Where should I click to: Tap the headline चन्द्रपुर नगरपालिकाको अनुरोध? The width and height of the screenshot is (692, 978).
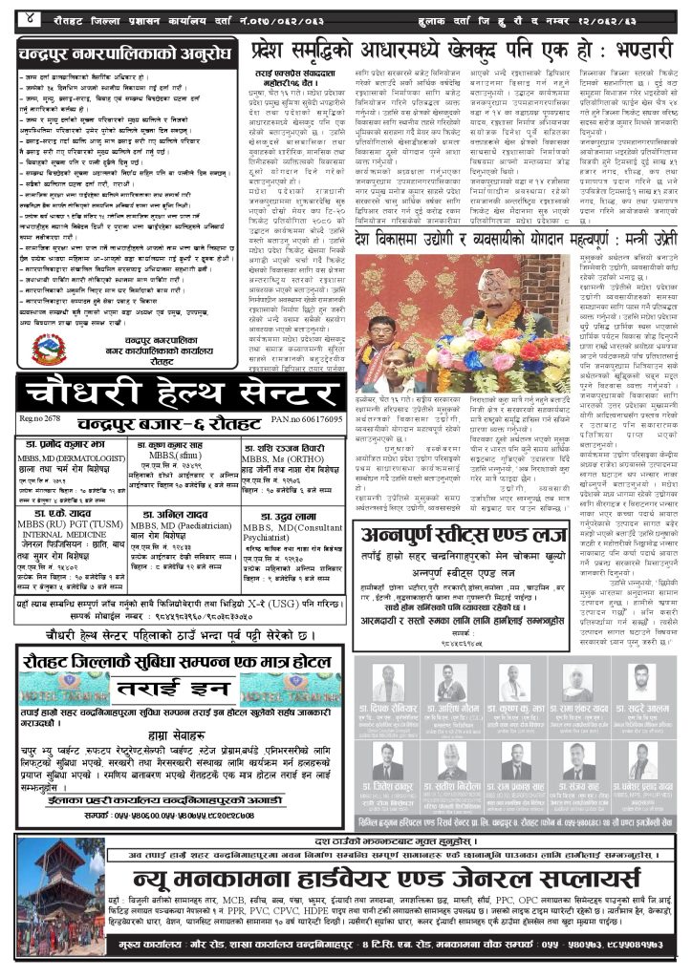pos(127,49)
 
